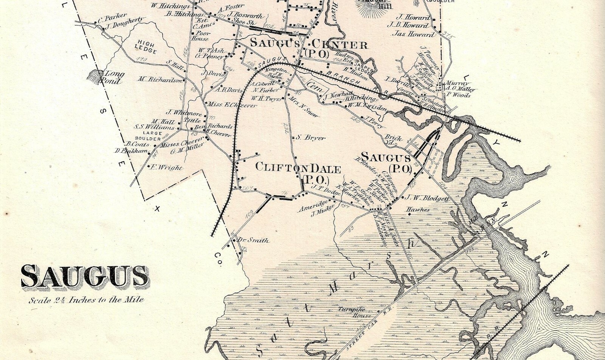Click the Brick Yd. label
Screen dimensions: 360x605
[392, 141]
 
